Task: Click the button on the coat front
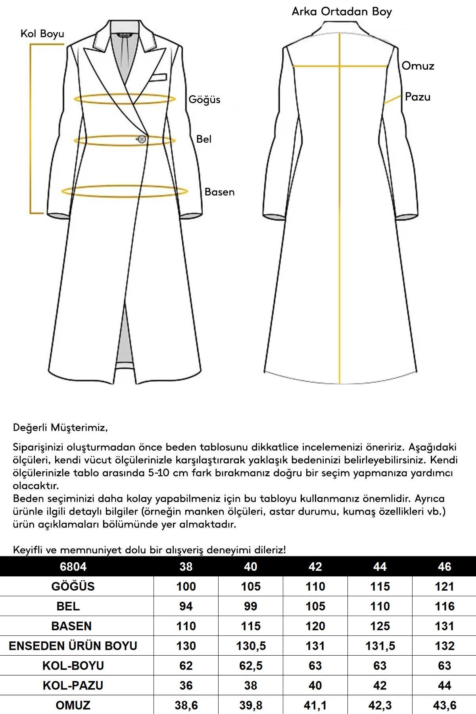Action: (x=142, y=139)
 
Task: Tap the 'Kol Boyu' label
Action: (x=42, y=34)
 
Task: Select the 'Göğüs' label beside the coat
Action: (x=204, y=99)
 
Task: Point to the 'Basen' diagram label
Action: (x=219, y=192)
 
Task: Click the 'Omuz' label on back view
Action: (x=418, y=66)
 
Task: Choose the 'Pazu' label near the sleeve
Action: (x=417, y=97)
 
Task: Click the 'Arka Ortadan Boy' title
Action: (x=342, y=12)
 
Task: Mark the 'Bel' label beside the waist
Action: (x=203, y=139)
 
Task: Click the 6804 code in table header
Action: (x=73, y=566)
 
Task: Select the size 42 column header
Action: (x=315, y=566)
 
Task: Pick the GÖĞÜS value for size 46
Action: (x=444, y=586)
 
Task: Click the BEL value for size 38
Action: (x=186, y=606)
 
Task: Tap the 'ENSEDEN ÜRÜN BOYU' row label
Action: (x=73, y=646)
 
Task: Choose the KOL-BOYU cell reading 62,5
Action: (x=251, y=666)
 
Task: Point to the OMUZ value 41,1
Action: (x=315, y=705)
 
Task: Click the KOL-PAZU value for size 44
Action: (x=380, y=685)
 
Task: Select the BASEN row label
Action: (x=71, y=626)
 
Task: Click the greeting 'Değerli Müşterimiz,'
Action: (x=60, y=428)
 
